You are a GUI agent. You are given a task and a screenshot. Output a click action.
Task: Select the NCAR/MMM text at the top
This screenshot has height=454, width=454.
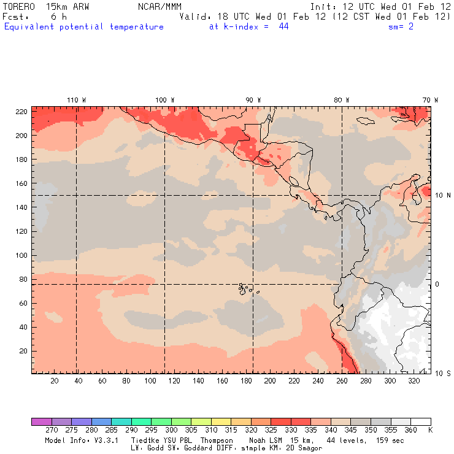click(160, 6)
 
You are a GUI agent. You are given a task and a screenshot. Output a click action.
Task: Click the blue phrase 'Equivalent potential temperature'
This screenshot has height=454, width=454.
click(84, 27)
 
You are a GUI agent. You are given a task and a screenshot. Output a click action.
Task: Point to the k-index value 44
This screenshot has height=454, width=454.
click(283, 27)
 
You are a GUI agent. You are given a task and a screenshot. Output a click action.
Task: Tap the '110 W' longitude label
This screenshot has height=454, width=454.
click(76, 99)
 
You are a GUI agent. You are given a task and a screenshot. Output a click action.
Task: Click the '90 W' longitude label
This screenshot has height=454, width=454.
click(253, 99)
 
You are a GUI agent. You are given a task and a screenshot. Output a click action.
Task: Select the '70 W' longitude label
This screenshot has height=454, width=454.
click(430, 99)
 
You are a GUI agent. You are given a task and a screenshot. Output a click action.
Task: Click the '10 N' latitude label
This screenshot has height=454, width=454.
click(444, 195)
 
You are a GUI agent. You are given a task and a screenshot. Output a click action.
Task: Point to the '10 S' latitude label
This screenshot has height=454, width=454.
click(444, 373)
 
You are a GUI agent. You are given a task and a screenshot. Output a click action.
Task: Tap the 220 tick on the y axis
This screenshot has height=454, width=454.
click(21, 112)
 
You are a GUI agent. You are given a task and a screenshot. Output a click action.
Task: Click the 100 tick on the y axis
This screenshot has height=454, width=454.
click(21, 255)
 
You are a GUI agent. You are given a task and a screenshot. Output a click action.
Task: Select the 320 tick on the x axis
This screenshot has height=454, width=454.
click(414, 382)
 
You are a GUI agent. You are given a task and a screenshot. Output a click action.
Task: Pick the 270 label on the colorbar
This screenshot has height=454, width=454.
click(51, 431)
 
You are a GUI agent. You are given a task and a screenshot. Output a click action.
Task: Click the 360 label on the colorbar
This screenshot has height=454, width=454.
click(411, 431)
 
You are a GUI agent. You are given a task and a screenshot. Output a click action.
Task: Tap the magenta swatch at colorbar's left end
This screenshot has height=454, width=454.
click(41, 422)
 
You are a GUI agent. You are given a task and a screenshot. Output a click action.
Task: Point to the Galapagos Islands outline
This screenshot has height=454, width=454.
click(245, 288)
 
